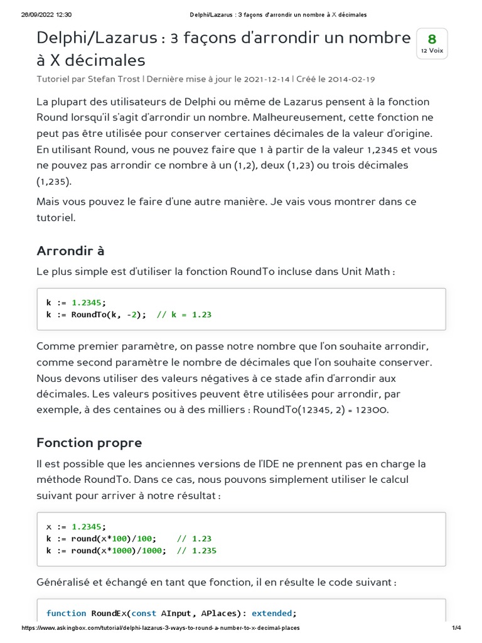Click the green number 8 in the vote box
tap(432, 39)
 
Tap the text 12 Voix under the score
tap(432, 51)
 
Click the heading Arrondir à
tap(70, 251)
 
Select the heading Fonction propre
tap(89, 443)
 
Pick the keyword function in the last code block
tap(66, 613)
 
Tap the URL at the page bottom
tap(161, 628)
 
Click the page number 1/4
tap(456, 628)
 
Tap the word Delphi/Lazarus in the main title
tap(97, 38)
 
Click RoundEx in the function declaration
tap(110, 613)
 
